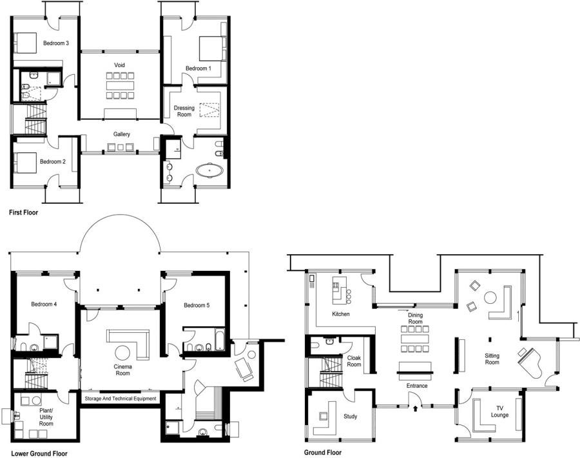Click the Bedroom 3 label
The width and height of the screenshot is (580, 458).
[56, 43]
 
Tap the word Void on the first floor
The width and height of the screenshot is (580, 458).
[119, 65]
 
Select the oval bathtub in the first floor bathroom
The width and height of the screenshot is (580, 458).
[209, 171]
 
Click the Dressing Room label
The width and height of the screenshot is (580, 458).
[184, 111]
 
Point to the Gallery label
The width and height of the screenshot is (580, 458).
[122, 134]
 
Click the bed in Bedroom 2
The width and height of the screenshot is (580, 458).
[26, 163]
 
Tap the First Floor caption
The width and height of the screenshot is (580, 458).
[23, 212]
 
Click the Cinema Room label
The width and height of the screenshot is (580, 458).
[123, 370]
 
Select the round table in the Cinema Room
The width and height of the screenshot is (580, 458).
[122, 352]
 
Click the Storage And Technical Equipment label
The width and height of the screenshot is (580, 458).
[121, 399]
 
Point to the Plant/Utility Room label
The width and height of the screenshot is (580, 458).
[46, 417]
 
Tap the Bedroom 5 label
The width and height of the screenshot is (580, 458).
[197, 306]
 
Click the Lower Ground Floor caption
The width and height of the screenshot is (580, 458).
[39, 453]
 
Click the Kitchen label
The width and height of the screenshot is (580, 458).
[341, 314]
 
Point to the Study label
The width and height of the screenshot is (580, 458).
[351, 417]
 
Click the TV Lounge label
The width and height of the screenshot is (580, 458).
[499, 412]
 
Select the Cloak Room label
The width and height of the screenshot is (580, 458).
[354, 361]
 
